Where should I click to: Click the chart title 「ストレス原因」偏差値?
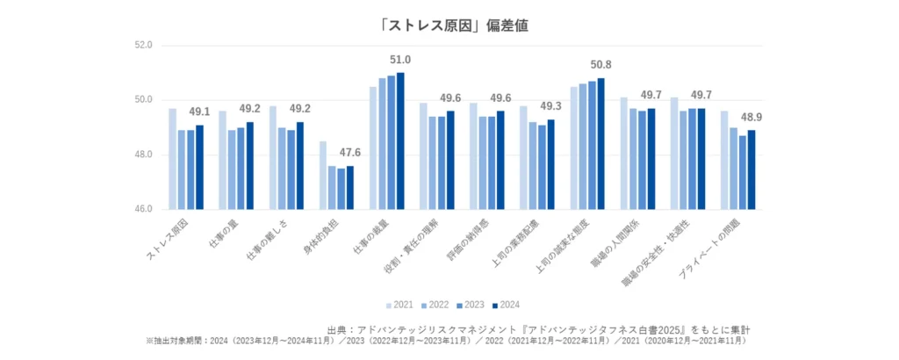click(x=449, y=25)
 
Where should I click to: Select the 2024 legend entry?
click(x=510, y=305)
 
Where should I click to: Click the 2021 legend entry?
click(x=399, y=305)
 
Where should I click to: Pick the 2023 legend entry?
click(x=473, y=305)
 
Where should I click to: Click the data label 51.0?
click(x=400, y=60)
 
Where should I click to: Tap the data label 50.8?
click(x=601, y=65)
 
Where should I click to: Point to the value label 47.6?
click(x=350, y=152)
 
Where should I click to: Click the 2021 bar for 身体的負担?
click(x=323, y=176)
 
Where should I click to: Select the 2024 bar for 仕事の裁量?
click(x=400, y=140)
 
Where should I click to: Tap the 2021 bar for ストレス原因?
click(x=173, y=159)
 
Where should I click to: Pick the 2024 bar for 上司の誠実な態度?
click(x=601, y=143)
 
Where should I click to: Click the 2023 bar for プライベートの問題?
click(x=742, y=172)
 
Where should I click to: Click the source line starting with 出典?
click(x=537, y=328)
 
